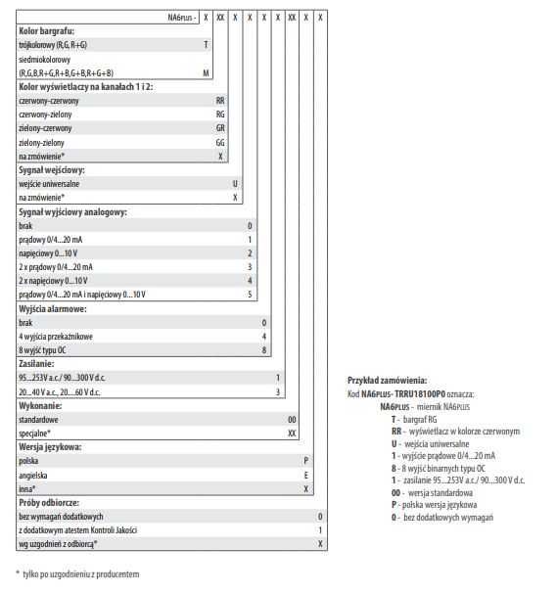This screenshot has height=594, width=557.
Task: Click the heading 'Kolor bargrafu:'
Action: point(46,31)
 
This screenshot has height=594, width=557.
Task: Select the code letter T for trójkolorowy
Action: point(206,45)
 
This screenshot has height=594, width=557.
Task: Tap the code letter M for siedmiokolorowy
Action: point(206,73)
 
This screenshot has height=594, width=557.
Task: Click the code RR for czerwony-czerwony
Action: point(220,101)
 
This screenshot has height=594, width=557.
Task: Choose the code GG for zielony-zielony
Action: point(220,142)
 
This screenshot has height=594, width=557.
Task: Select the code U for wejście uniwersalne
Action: point(235,184)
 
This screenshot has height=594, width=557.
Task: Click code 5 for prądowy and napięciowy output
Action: point(250,295)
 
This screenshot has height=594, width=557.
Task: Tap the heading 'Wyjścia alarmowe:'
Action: point(53,308)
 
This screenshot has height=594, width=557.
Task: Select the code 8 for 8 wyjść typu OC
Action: point(264,349)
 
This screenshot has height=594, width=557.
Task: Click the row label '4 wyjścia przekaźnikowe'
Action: point(56,336)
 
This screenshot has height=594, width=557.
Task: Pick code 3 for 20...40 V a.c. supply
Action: point(278,391)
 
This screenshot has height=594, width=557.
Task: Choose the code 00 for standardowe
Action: point(292,419)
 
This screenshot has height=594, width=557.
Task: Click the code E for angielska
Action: point(306,474)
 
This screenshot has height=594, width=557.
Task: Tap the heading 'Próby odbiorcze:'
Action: point(49,502)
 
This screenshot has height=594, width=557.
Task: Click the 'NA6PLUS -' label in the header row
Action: point(182,18)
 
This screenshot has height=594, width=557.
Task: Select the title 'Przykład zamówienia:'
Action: point(388,380)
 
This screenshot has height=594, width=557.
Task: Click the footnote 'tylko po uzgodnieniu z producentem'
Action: point(82,573)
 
